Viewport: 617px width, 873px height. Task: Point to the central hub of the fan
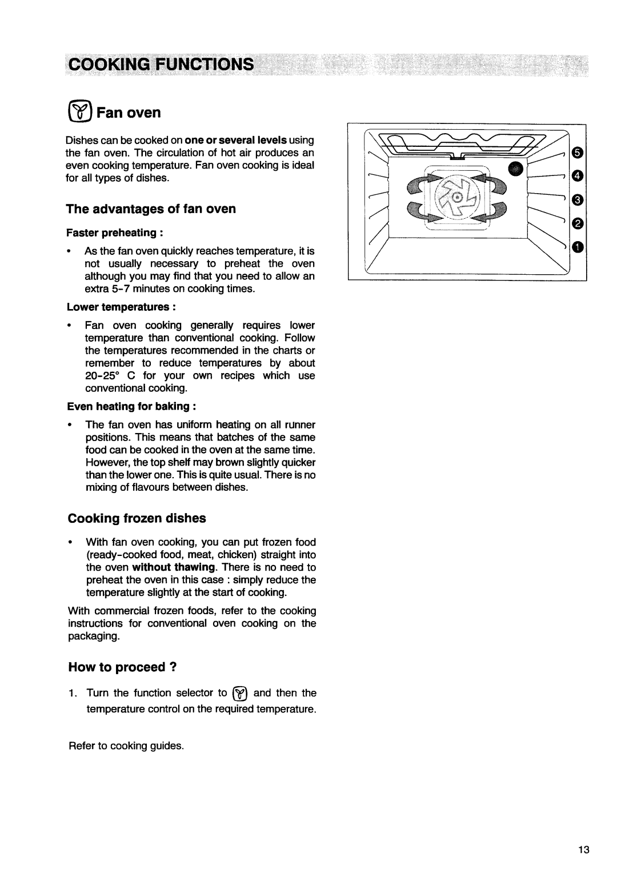(x=457, y=197)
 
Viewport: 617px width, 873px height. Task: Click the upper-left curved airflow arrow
(x=420, y=186)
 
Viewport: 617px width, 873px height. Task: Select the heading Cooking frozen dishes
(x=137, y=518)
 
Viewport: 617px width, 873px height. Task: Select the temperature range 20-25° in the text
(x=103, y=376)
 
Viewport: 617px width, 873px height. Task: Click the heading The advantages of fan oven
(x=151, y=209)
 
